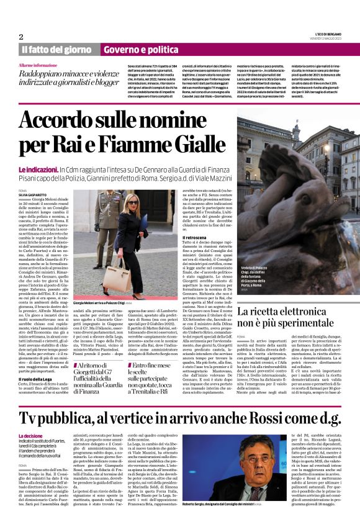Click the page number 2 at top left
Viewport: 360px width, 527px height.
(x=20, y=37)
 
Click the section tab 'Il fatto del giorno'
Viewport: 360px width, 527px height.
(x=58, y=49)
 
